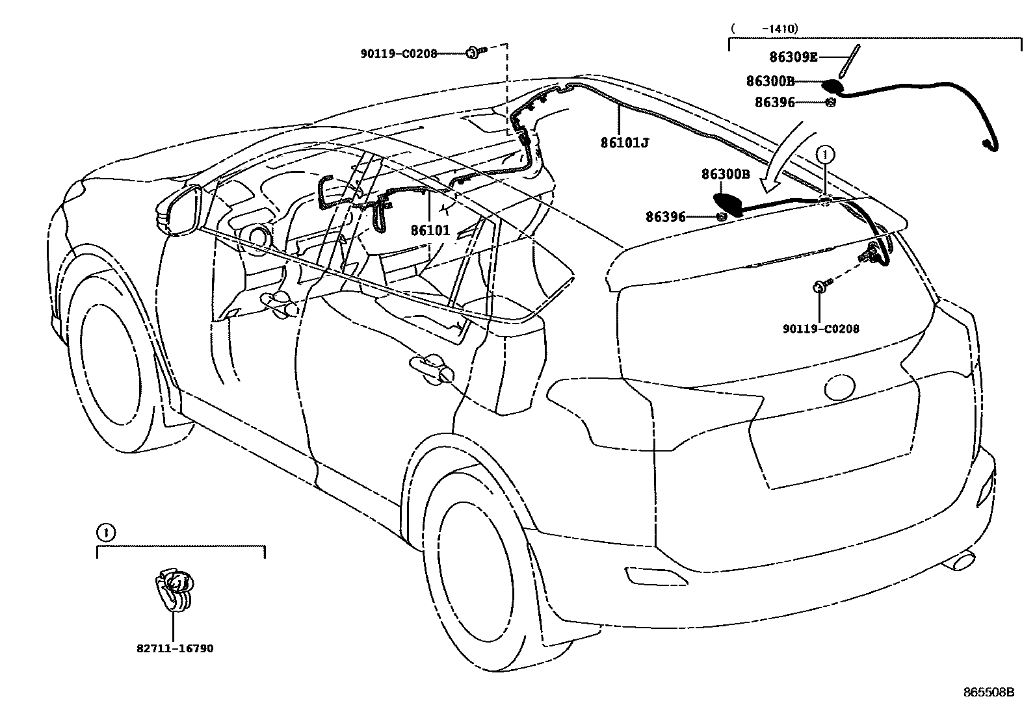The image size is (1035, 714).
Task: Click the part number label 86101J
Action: [624, 142]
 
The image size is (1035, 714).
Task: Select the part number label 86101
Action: [430, 230]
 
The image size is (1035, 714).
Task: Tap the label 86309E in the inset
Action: [793, 57]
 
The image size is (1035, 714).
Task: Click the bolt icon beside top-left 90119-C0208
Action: [475, 54]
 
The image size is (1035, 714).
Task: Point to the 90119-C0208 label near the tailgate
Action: [820, 329]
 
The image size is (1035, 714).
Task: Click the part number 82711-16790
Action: [175, 648]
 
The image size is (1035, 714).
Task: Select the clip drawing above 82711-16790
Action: [175, 590]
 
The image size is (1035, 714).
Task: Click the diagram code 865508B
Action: [989, 693]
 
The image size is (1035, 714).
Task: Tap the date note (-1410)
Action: [765, 29]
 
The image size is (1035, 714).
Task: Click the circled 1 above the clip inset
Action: [106, 533]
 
